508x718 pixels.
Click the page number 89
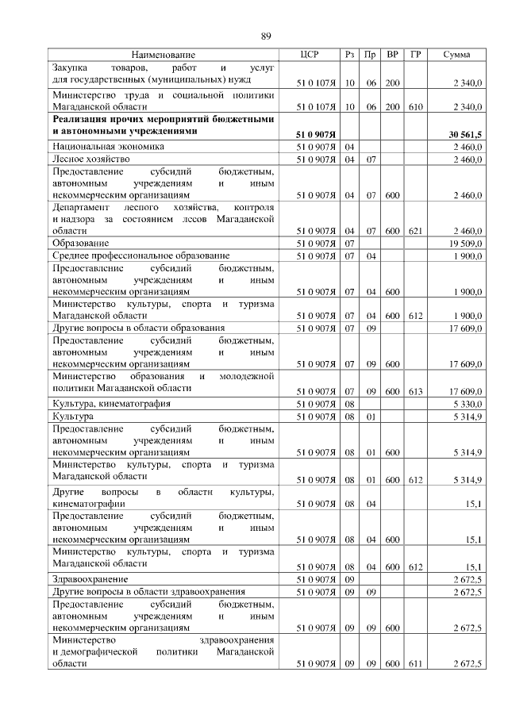click(x=267, y=36)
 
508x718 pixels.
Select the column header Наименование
click(x=162, y=55)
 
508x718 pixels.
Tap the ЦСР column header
click(x=310, y=55)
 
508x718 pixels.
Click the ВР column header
click(x=392, y=55)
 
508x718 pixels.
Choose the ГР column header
click(x=415, y=55)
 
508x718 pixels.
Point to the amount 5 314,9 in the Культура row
click(x=467, y=417)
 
